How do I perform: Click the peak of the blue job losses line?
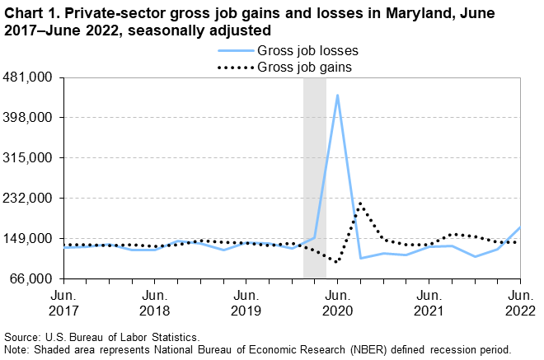click(x=337, y=96)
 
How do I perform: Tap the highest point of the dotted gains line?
click(x=360, y=203)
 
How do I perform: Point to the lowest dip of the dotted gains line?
click(x=336, y=262)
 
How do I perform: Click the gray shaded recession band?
click(x=314, y=178)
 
